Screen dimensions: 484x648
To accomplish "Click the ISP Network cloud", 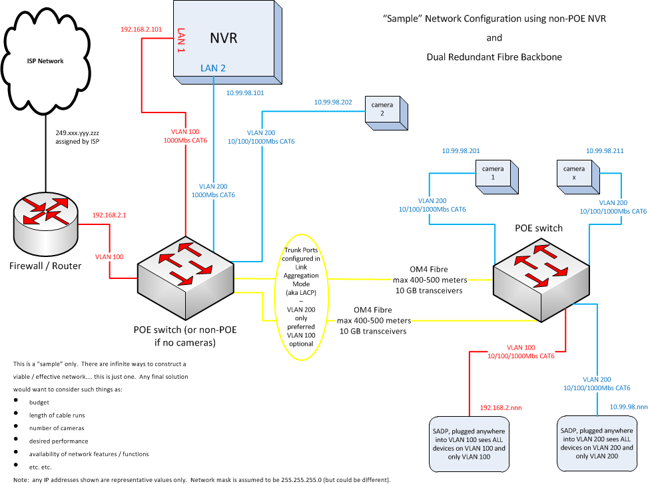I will pos(46,61).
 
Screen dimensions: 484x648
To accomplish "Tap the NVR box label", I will pos(223,38).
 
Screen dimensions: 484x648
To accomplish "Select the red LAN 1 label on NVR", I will pos(180,40).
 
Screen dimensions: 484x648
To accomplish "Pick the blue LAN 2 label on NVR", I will pos(214,68).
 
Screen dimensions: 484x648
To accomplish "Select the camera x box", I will pos(577,174).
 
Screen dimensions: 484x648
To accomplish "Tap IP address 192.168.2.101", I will pos(141,30).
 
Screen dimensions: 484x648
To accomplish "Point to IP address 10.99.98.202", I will pos(333,103).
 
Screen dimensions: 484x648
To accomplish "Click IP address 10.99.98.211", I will pos(604,150).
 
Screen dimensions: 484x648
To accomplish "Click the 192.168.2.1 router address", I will pos(109,216).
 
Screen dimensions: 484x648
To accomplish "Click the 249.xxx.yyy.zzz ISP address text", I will pos(78,132).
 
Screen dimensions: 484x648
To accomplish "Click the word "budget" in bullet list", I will pos(39,403).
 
